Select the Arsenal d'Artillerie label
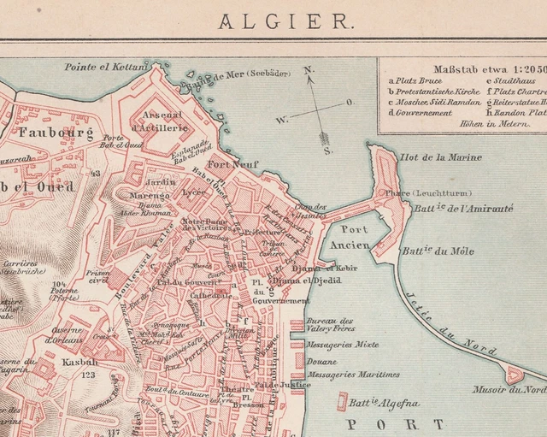159,121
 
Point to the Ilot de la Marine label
440,157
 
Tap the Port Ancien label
350,237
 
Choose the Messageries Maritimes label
354,375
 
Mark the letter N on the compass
309,70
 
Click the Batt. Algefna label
376,401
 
